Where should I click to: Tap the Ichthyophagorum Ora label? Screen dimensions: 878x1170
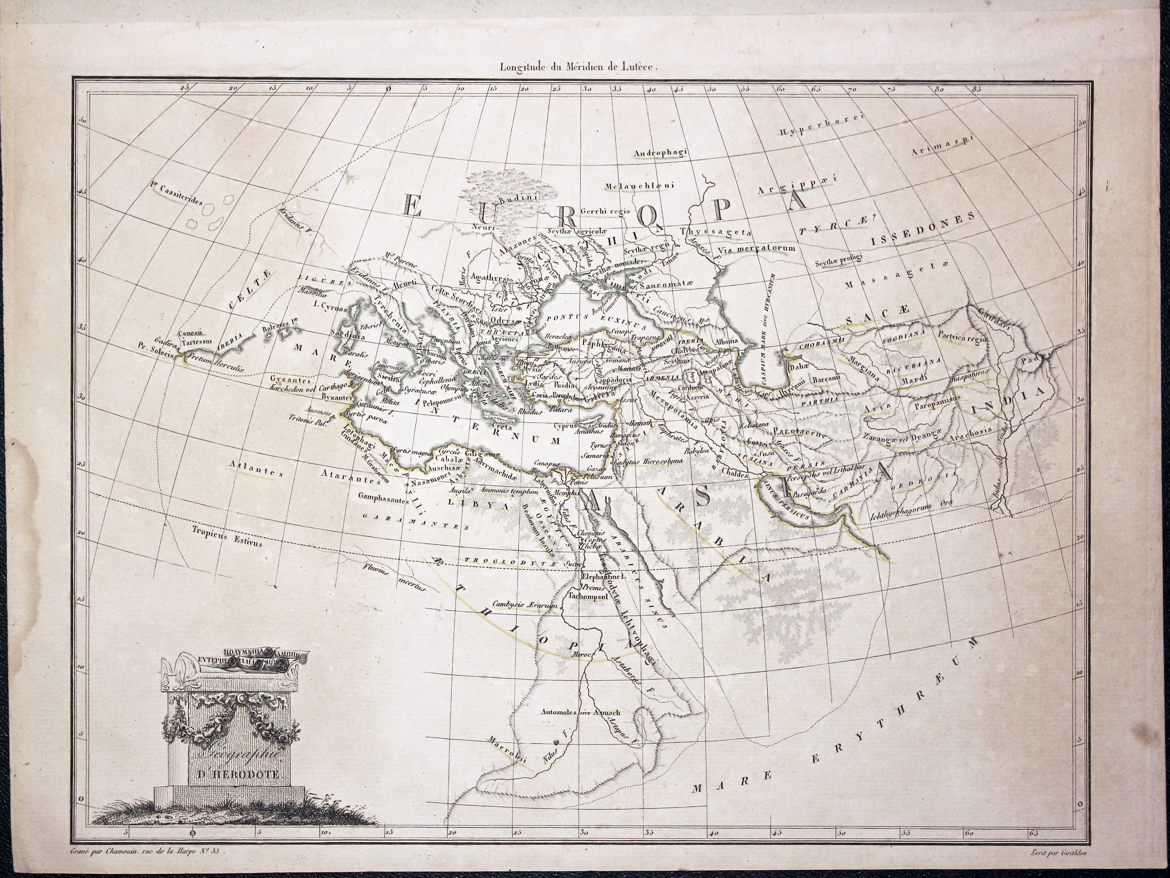point(913,512)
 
